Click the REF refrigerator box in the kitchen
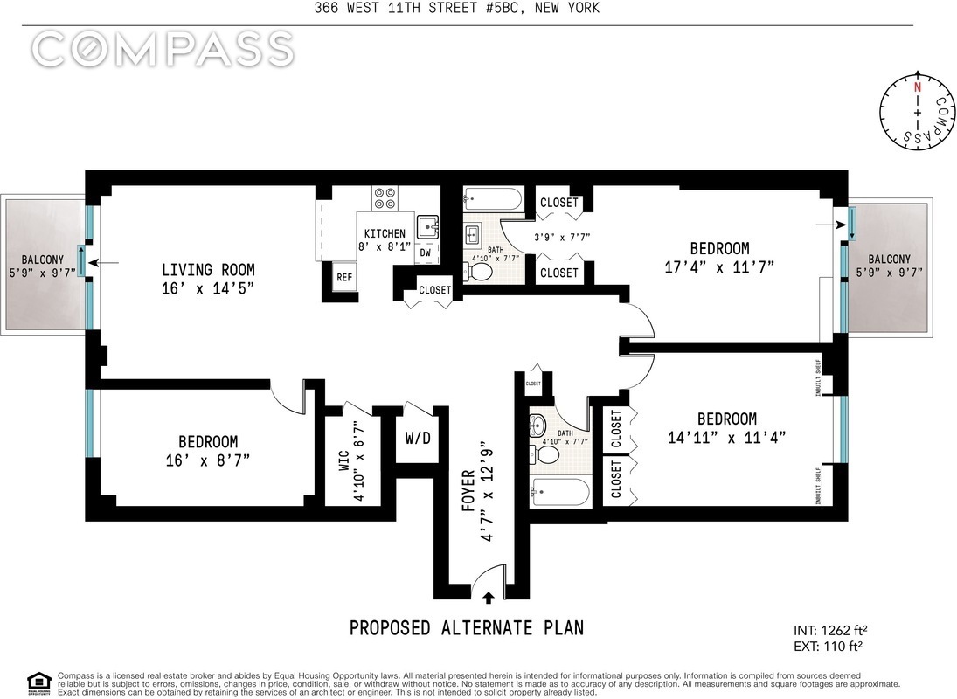pos(344,277)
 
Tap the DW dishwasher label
pos(426,253)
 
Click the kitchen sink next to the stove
pos(428,227)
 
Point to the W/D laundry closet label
pos(418,438)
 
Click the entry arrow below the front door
pos(488,597)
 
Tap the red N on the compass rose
pos(917,88)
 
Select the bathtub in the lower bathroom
pos(560,492)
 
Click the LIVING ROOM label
pos(208,269)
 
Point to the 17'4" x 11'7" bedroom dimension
pos(719,267)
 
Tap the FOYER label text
pos(468,489)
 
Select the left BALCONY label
pos(43,260)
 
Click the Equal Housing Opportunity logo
pos(38,684)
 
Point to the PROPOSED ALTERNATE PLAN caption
pos(467,627)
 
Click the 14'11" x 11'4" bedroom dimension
pos(727,438)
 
